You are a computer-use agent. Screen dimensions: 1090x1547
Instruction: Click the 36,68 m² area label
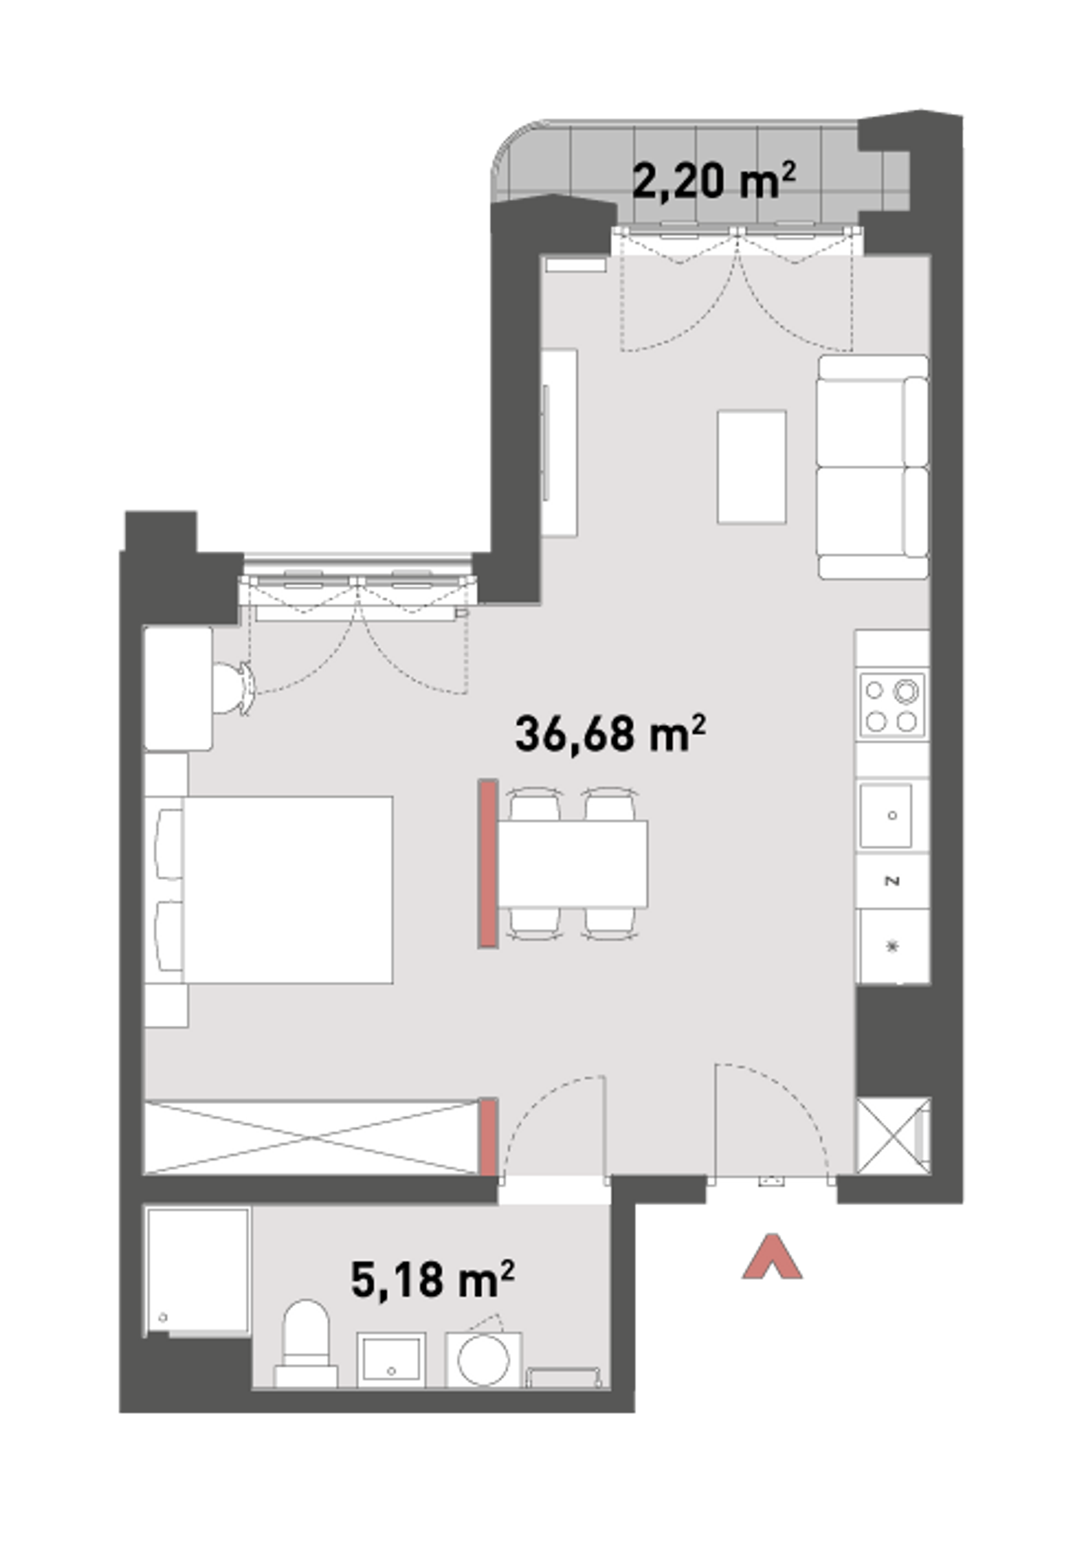[610, 734]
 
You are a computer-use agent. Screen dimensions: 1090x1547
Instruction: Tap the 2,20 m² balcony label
[714, 180]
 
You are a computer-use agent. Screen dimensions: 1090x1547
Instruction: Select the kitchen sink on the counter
[886, 815]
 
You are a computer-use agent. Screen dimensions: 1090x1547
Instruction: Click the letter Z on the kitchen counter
[893, 880]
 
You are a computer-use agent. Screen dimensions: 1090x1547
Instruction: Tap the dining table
[573, 864]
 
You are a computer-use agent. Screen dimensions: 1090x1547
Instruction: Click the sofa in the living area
[873, 467]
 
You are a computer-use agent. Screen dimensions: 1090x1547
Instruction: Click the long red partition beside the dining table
[488, 864]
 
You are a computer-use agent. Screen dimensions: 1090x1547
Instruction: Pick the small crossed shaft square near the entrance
[893, 1138]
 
